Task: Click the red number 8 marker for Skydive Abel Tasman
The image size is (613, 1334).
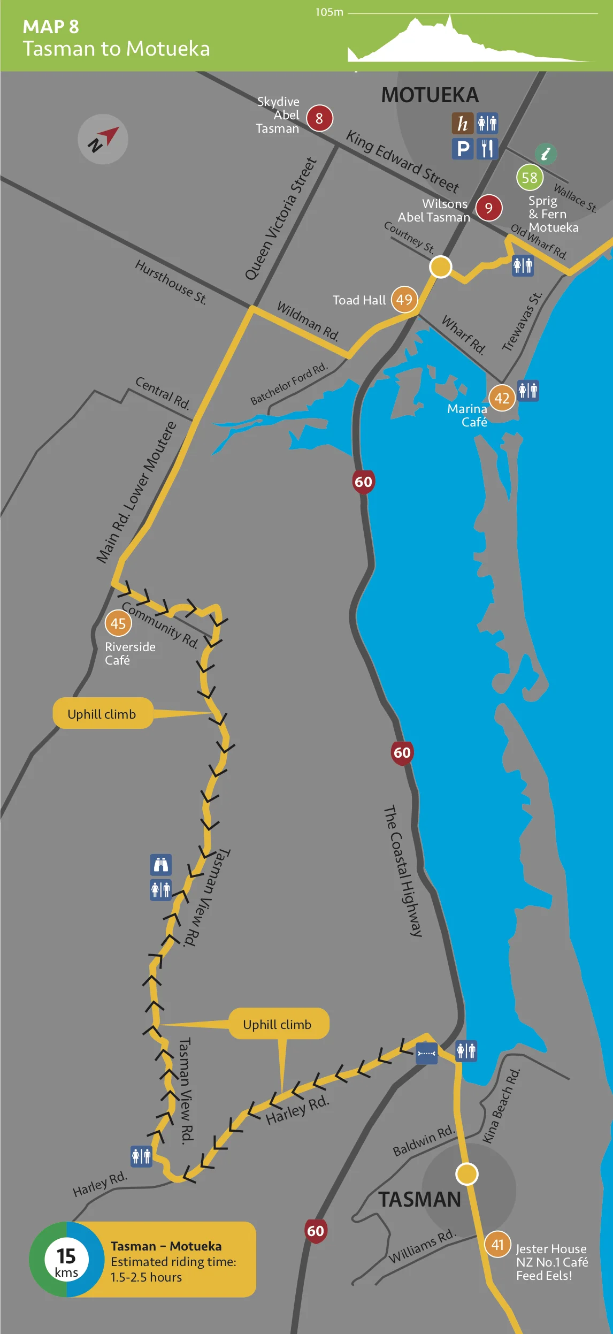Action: (319, 118)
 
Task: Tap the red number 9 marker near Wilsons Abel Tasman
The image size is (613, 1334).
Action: (489, 208)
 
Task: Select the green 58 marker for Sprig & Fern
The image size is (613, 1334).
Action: (530, 178)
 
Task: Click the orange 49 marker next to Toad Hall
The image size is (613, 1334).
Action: (404, 300)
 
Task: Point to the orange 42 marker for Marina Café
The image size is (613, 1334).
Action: (502, 398)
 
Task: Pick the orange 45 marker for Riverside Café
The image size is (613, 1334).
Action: (118, 623)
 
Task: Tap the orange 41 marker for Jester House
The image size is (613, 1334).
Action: (497, 1245)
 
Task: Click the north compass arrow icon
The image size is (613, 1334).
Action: (103, 139)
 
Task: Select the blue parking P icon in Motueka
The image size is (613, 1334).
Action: (463, 148)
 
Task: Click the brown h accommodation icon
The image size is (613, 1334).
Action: (463, 123)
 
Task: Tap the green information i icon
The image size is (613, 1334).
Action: (546, 154)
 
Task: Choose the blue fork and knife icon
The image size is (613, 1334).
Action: (487, 148)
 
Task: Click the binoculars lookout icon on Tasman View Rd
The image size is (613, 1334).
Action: (161, 865)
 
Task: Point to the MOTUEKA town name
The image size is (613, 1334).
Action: (430, 95)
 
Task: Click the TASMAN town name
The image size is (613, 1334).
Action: (420, 1200)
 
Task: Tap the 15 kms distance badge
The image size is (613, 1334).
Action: (66, 1259)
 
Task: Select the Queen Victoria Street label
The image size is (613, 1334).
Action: (281, 219)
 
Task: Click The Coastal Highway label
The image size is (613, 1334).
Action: (403, 871)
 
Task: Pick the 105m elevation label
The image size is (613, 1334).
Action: (329, 12)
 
